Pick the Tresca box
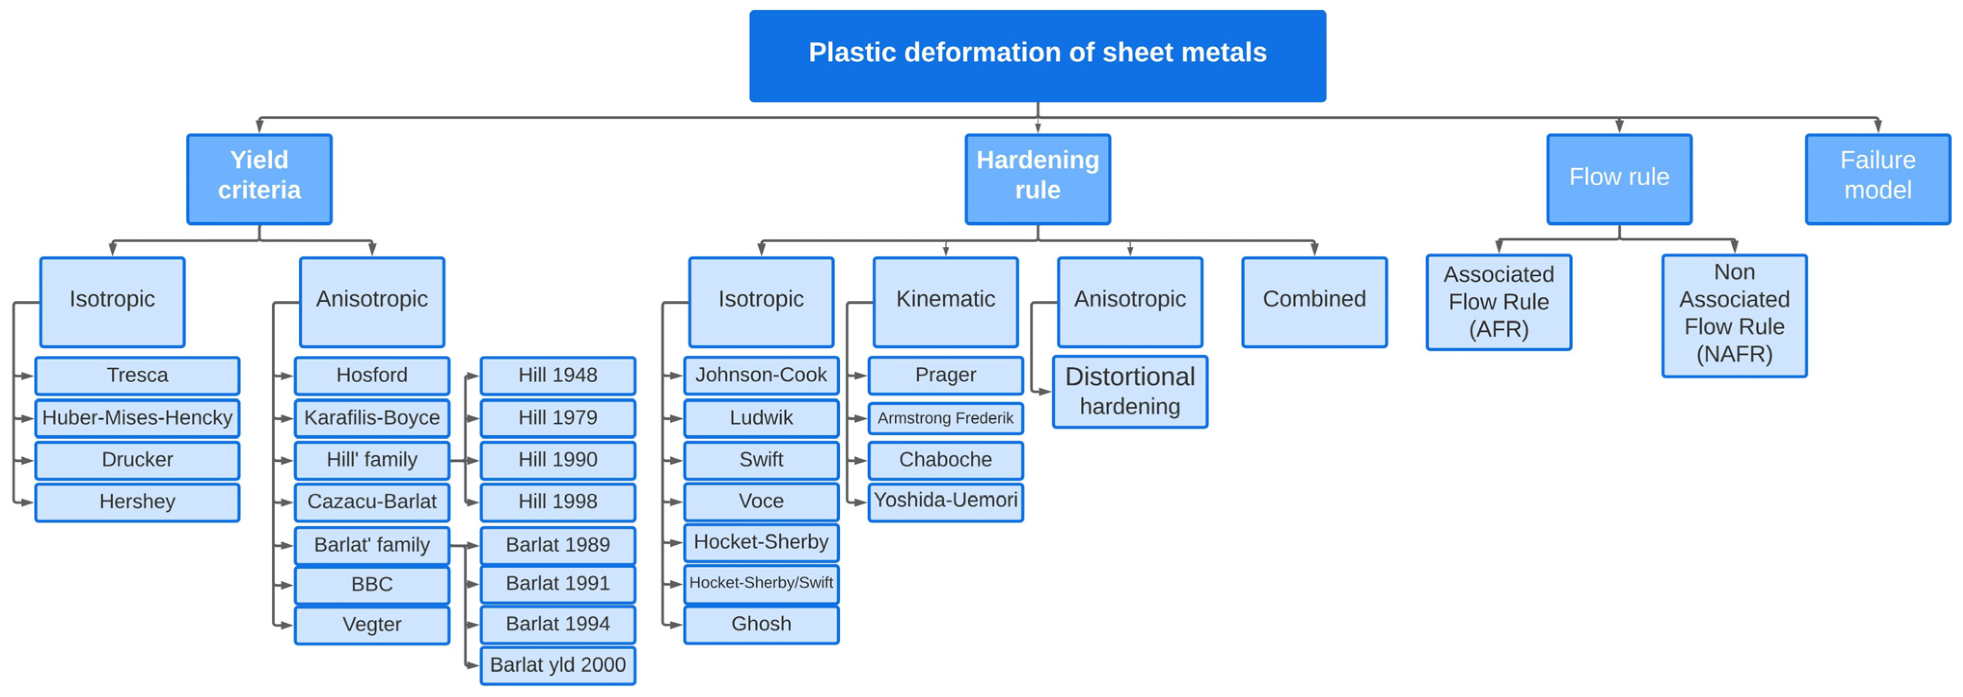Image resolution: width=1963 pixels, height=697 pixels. (137, 375)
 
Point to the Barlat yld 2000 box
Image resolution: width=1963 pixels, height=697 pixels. (558, 665)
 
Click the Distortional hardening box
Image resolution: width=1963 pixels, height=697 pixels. (1129, 391)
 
